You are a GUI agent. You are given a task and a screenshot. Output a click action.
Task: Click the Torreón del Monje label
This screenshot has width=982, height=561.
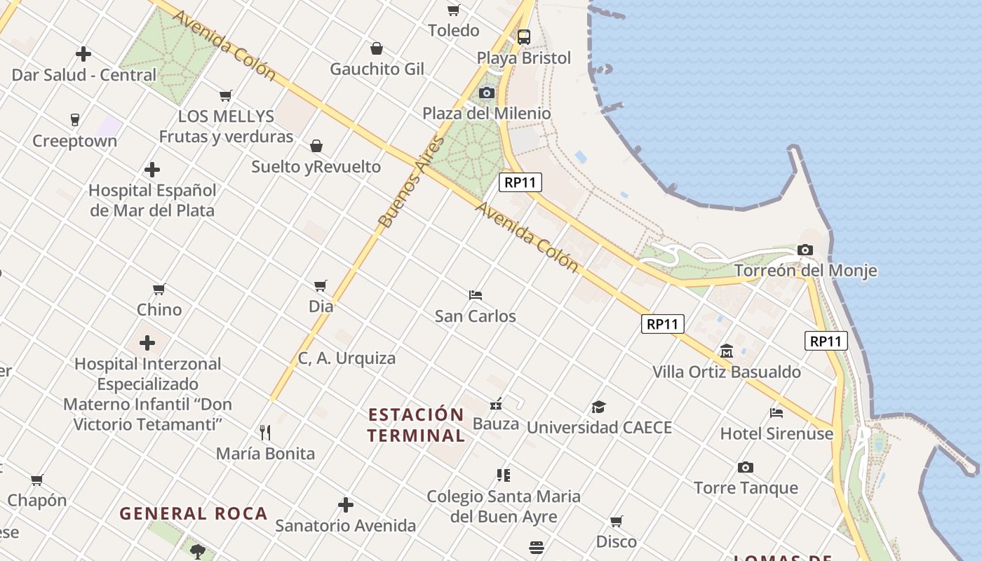pyautogui.click(x=805, y=271)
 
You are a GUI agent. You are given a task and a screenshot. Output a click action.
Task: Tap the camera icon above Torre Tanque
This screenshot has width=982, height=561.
pyautogui.click(x=746, y=467)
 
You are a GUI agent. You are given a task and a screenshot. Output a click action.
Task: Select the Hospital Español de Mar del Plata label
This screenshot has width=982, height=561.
pyautogui.click(x=152, y=200)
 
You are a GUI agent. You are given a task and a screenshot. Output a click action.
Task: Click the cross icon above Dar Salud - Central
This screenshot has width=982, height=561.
pyautogui.click(x=83, y=54)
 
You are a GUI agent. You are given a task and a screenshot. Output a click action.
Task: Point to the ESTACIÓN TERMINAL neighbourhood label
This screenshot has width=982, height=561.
pyautogui.click(x=416, y=424)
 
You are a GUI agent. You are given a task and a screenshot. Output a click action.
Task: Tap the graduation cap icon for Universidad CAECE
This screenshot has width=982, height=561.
pyautogui.click(x=598, y=407)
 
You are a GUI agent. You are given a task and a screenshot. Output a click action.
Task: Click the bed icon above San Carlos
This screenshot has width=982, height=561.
pyautogui.click(x=476, y=295)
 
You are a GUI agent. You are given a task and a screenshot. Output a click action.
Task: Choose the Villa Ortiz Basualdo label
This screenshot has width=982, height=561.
pyautogui.click(x=727, y=372)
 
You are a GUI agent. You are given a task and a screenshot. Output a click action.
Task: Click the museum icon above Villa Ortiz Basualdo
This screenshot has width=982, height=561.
pyautogui.click(x=727, y=351)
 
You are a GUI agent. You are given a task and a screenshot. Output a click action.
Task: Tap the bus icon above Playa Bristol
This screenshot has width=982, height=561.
pyautogui.click(x=523, y=37)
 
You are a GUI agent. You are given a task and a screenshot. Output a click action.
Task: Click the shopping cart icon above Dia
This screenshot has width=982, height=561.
pyautogui.click(x=321, y=285)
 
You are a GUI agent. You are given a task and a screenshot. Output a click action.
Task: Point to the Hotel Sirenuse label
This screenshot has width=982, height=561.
pyautogui.click(x=776, y=433)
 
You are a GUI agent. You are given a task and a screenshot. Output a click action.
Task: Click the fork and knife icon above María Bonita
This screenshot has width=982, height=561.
pyautogui.click(x=265, y=433)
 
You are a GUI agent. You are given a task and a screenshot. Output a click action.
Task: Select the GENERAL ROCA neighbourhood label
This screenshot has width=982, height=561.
pyautogui.click(x=194, y=513)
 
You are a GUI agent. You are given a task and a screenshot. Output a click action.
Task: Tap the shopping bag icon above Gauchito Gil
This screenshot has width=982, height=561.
pyautogui.click(x=377, y=48)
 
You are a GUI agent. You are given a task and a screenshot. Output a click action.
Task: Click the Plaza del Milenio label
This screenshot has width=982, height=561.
pyautogui.click(x=486, y=113)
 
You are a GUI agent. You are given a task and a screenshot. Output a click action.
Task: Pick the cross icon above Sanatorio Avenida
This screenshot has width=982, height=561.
pyautogui.click(x=345, y=505)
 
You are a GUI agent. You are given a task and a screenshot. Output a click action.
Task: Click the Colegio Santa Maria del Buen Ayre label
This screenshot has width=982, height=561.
pyautogui.click(x=504, y=506)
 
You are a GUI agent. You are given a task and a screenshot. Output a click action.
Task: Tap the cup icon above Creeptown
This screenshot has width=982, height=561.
pyautogui.click(x=75, y=120)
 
